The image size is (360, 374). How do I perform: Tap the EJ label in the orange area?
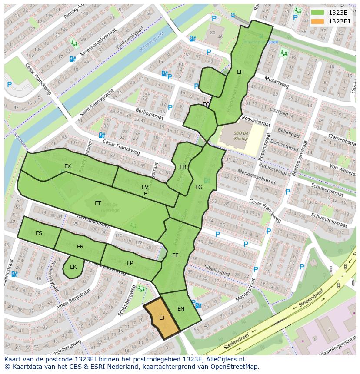coord(162,318)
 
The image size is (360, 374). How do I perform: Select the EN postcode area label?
coord(181,309)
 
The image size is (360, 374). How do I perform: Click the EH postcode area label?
coord(240,72)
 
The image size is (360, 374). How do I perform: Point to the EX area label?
coord(67,166)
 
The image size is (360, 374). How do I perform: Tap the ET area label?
coord(98,203)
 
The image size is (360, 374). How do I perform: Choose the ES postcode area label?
coord(39,233)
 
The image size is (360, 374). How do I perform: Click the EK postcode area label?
coord(73,267)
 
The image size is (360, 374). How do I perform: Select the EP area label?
coord(130,263)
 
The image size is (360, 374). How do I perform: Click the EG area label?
coord(199,187)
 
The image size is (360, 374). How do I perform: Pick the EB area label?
coord(183,167)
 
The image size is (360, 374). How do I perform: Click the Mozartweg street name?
coord(277,82)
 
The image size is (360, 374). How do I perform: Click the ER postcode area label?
coord(80,247)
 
